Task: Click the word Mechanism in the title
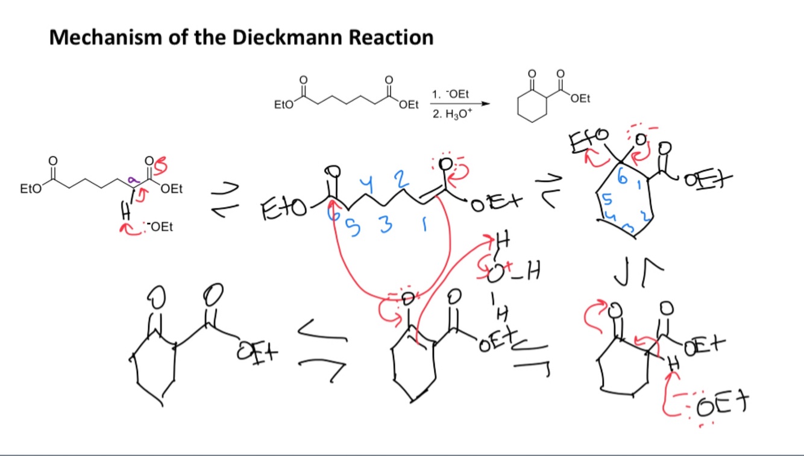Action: [x=100, y=38]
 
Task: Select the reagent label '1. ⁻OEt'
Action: [x=451, y=95]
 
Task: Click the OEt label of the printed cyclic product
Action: [x=580, y=98]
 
